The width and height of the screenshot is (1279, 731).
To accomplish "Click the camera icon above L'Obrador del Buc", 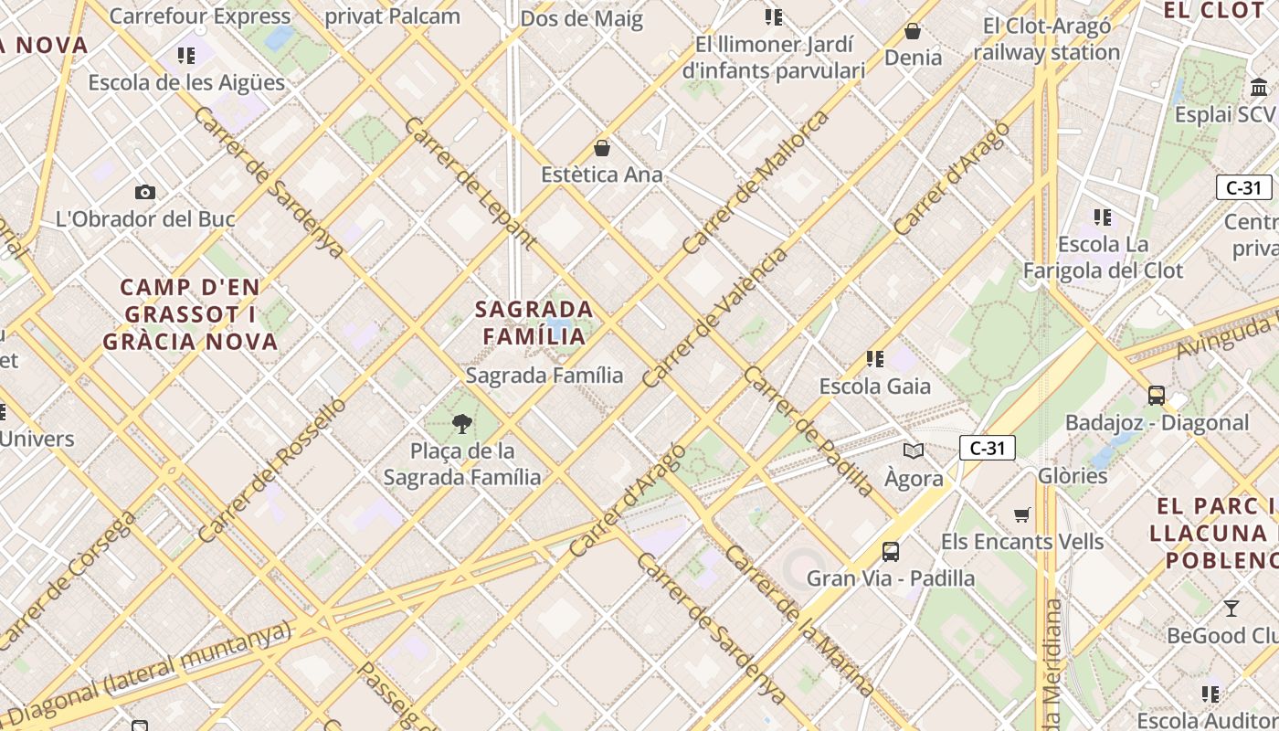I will tap(144, 192).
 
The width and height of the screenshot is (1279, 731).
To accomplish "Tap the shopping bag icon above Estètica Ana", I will tap(602, 147).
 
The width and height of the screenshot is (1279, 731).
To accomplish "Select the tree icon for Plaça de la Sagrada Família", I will tap(462, 423).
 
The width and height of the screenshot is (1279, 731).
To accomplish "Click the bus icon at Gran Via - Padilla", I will tap(891, 552).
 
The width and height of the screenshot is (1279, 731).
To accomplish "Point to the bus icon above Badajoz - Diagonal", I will tap(1157, 396).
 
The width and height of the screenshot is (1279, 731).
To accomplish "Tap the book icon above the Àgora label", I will tap(914, 450).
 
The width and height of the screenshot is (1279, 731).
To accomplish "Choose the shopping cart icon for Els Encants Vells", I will tap(1022, 515).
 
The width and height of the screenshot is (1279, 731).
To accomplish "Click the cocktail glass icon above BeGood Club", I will tap(1231, 608).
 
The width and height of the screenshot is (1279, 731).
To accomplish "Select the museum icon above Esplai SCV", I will tap(1260, 88).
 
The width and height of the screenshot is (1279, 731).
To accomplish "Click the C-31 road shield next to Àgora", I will tap(988, 448).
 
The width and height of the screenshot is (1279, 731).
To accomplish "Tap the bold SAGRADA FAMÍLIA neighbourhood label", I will tap(534, 323).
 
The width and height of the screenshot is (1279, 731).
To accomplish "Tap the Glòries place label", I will tap(1073, 476).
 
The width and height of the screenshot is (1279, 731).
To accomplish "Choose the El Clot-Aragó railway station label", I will tap(1046, 39).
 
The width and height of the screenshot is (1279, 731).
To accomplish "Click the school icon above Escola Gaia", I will tap(875, 359).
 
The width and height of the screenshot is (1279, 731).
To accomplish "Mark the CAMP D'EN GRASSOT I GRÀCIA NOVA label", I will tap(190, 314).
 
